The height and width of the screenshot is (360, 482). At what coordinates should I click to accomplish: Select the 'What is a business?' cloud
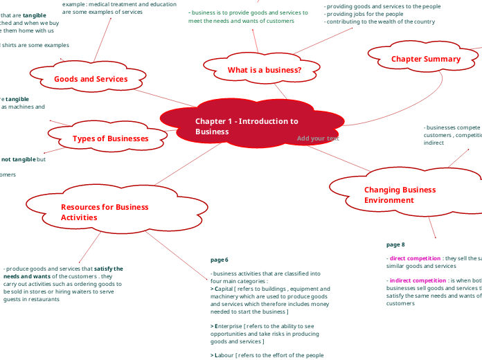[264, 70]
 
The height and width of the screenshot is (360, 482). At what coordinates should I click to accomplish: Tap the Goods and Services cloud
[91, 79]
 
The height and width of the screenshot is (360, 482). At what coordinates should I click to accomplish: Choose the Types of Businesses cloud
[110, 138]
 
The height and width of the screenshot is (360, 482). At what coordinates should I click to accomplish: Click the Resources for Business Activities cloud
[104, 212]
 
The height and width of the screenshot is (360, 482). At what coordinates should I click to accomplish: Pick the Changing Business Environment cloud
[400, 195]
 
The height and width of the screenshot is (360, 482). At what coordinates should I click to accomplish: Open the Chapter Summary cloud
[425, 59]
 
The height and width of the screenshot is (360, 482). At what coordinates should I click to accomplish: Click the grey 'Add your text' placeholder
[318, 138]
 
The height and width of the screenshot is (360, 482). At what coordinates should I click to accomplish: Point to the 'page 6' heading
[219, 260]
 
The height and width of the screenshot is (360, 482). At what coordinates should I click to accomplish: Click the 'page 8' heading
[395, 244]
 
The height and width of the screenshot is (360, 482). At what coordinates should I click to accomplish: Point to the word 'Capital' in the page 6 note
[224, 289]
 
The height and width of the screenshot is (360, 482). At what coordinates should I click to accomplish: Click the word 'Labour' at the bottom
[225, 355]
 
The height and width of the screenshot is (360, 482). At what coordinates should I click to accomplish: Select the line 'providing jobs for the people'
[364, 14]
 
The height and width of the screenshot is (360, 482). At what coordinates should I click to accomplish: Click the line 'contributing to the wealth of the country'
[380, 21]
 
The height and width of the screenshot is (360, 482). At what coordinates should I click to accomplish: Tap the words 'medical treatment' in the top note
[115, 4]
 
